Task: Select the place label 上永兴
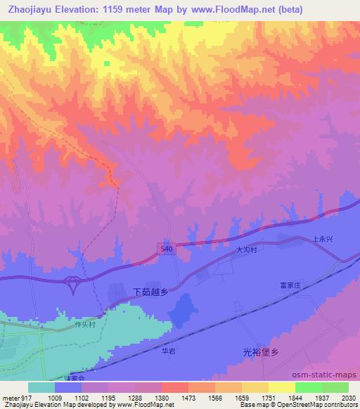(x=324, y=240)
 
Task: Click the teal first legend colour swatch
(x=41, y=387)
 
